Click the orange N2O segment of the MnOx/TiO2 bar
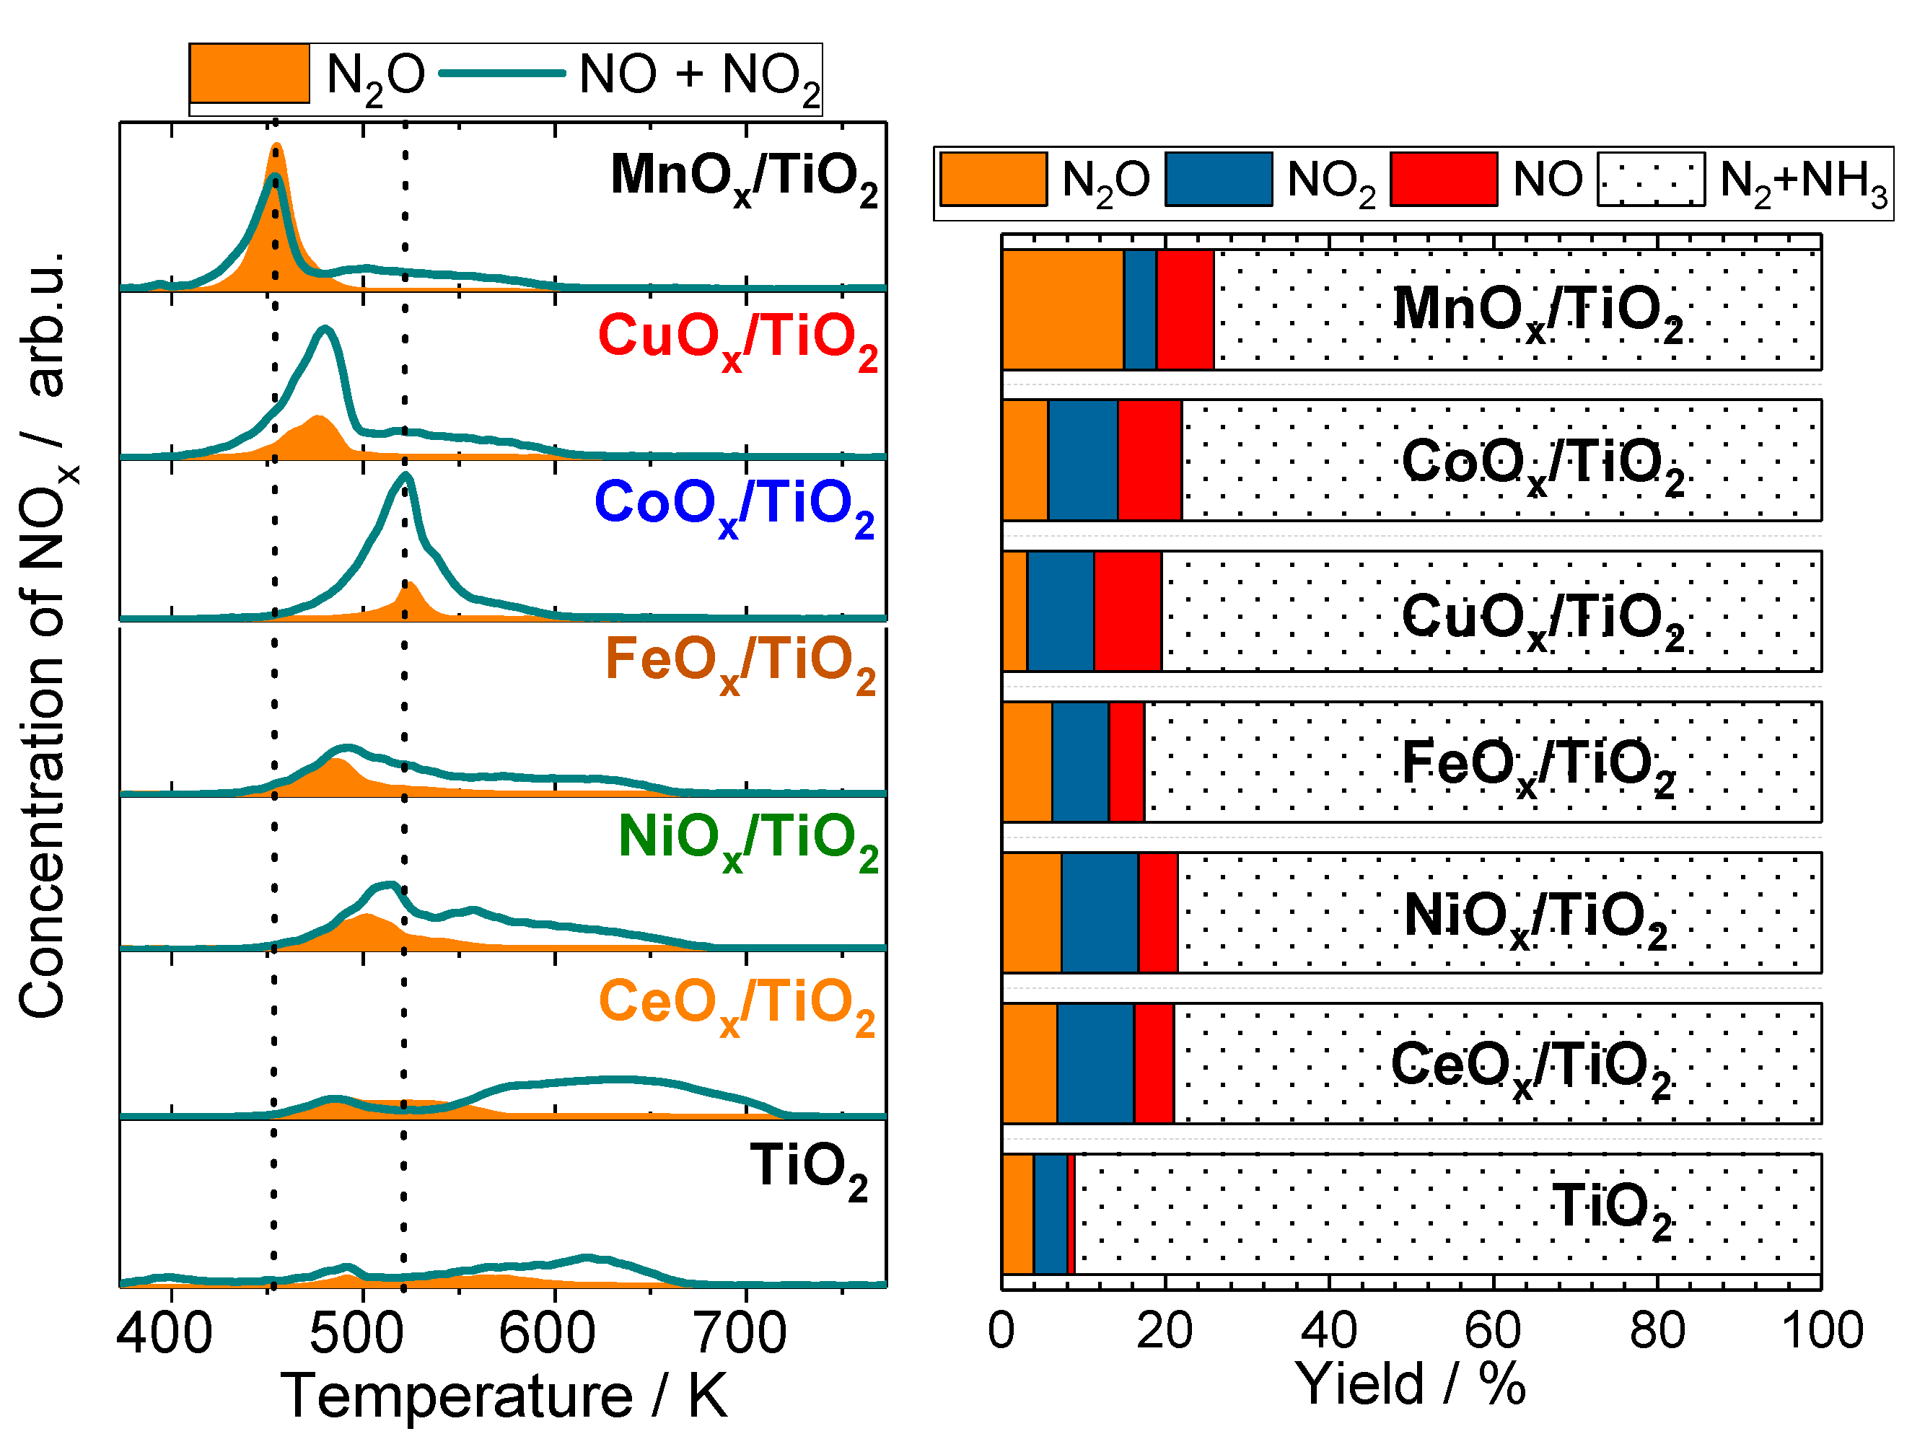(x=1062, y=309)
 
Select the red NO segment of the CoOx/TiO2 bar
(x=1149, y=460)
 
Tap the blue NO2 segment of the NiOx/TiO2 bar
(x=1099, y=912)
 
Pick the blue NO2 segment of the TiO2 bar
(x=1050, y=1215)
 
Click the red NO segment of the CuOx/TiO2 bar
(x=1127, y=612)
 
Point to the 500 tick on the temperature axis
(x=363, y=1286)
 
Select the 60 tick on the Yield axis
(x=1494, y=1286)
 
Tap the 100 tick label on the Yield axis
(x=1821, y=1330)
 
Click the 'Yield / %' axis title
(x=1410, y=1383)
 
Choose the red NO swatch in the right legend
(x=1443, y=179)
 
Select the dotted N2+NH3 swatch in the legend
(x=1650, y=179)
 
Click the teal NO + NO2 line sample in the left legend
(x=502, y=73)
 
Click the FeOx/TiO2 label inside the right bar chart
(x=1538, y=764)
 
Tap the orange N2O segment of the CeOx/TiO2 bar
(x=1030, y=1063)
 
